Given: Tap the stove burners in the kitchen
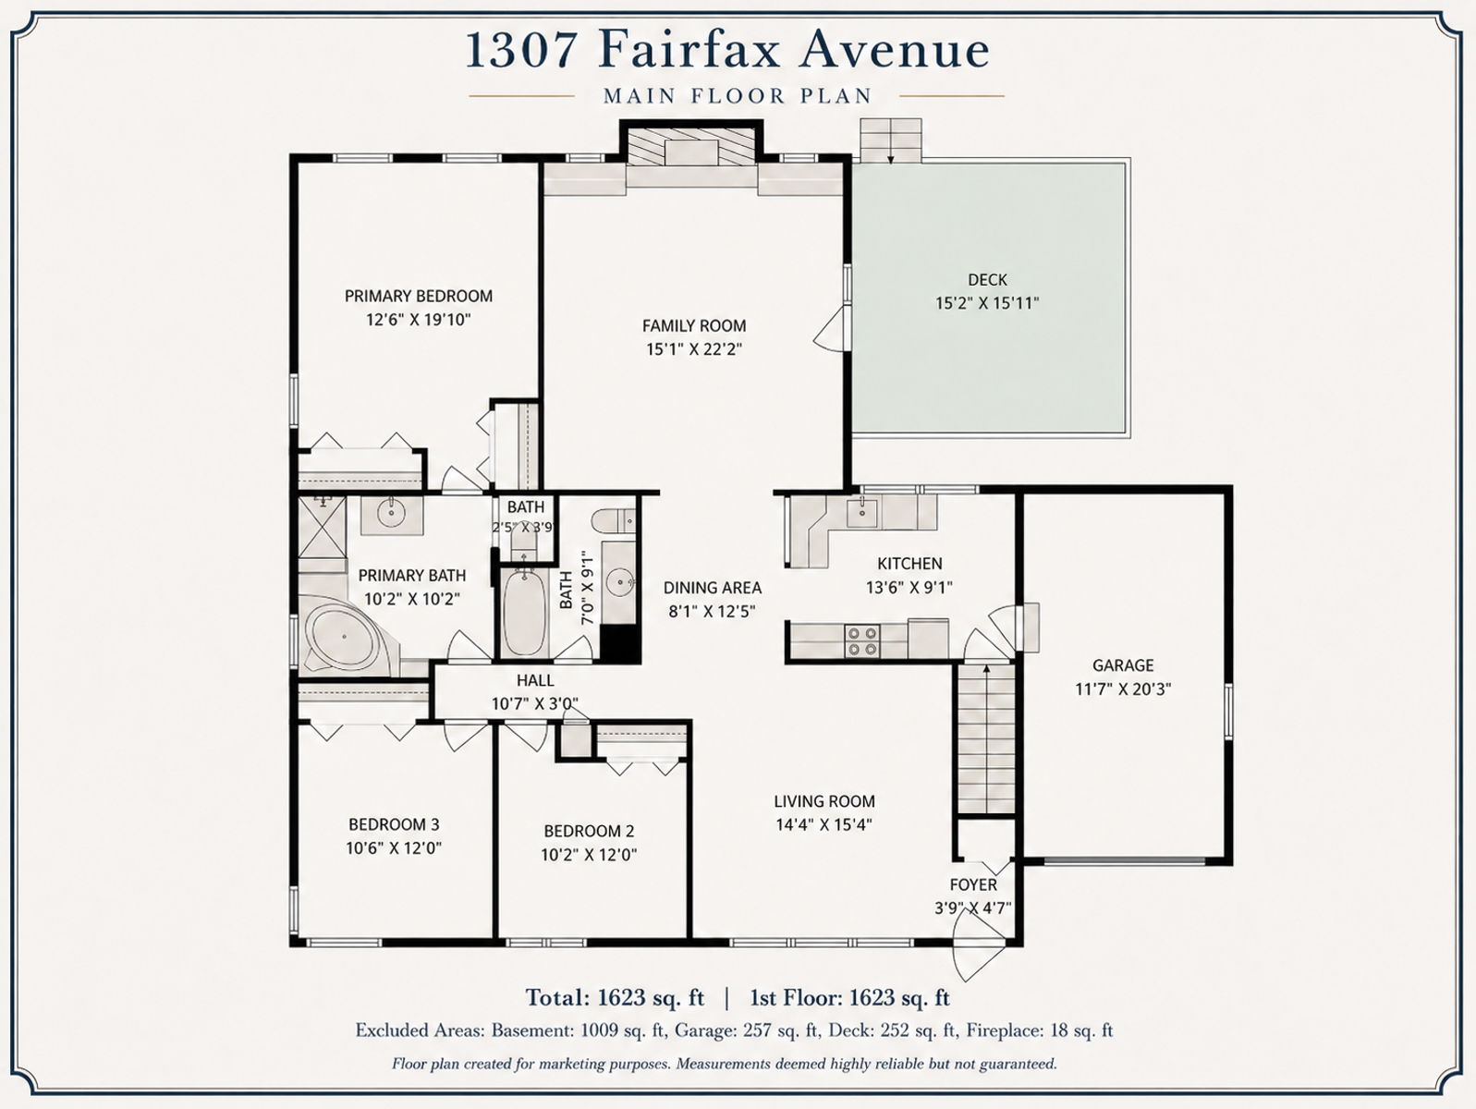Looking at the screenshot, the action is click(x=862, y=641).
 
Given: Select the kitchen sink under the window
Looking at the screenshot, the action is click(x=861, y=514).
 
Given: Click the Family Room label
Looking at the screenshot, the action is click(x=694, y=326).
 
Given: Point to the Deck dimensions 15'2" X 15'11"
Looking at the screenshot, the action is click(x=987, y=303).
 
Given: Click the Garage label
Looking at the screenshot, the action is click(x=1123, y=665).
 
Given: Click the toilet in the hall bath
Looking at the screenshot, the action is click(x=614, y=521).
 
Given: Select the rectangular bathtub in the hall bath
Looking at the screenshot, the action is click(x=524, y=613).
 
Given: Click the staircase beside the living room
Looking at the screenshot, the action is click(x=986, y=739).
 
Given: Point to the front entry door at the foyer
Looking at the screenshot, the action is click(x=980, y=950).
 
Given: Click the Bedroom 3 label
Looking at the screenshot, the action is click(x=394, y=824).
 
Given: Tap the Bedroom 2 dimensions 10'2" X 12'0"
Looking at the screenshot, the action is click(x=589, y=855).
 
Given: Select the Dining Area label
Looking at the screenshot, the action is click(x=713, y=588).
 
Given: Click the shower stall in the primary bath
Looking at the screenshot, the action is click(x=323, y=534).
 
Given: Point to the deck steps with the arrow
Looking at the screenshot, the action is click(x=891, y=140).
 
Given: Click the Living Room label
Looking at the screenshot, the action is click(x=824, y=801).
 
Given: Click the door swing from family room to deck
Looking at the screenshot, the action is click(x=831, y=329).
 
